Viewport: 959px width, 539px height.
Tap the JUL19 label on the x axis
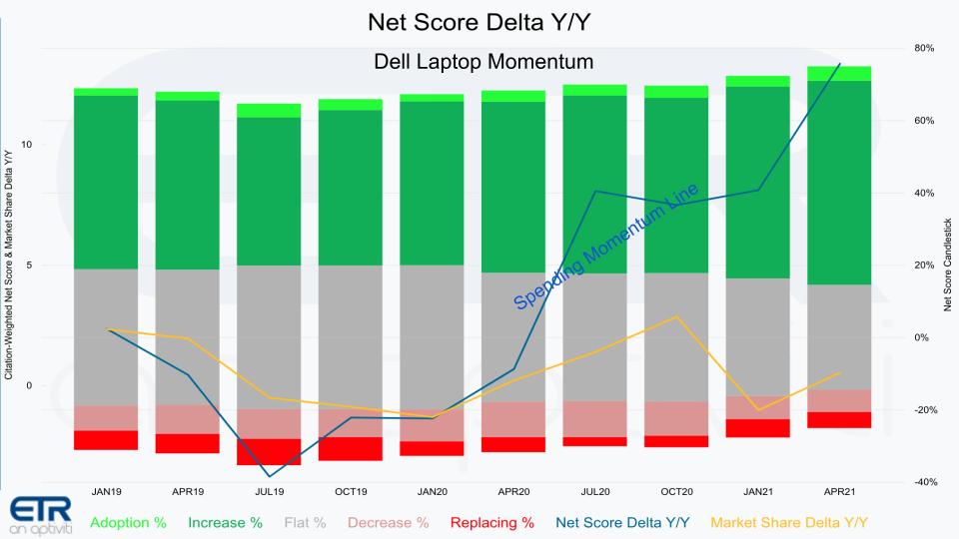pyautogui.click(x=269, y=492)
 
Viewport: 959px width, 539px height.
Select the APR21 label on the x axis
pyautogui.click(x=839, y=492)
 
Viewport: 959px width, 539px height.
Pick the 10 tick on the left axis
pyautogui.click(x=27, y=145)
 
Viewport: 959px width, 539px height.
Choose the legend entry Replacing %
pyautogui.click(x=492, y=522)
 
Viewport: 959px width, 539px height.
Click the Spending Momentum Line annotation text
pyautogui.click(x=606, y=247)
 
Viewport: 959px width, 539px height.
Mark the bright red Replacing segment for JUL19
pyautogui.click(x=269, y=451)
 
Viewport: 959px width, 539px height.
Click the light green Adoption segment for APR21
pyautogui.click(x=839, y=73)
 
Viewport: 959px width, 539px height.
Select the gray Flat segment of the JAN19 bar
pyautogui.click(x=106, y=336)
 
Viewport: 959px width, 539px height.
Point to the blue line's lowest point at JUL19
pyautogui.click(x=269, y=476)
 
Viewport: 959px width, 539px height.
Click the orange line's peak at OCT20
pyautogui.click(x=676, y=316)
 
